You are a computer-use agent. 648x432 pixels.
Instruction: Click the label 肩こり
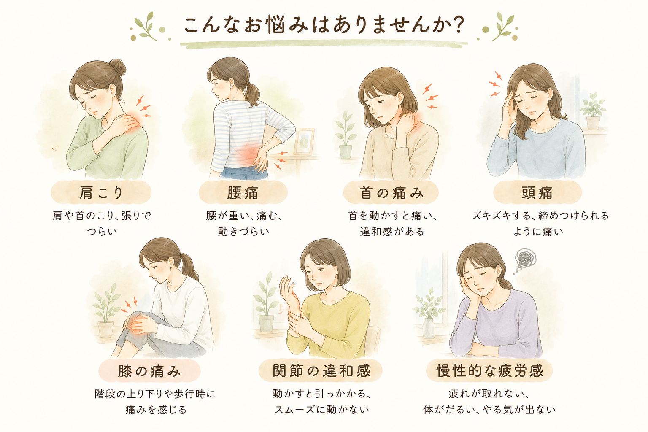pyautogui.click(x=101, y=193)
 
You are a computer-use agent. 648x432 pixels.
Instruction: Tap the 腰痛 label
pyautogui.click(x=243, y=193)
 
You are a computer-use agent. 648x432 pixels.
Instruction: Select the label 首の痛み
pyautogui.click(x=391, y=193)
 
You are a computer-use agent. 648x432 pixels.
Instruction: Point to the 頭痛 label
pyautogui.click(x=537, y=193)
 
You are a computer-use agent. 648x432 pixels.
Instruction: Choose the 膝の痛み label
pyautogui.click(x=149, y=371)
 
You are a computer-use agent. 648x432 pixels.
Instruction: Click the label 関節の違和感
pyautogui.click(x=321, y=371)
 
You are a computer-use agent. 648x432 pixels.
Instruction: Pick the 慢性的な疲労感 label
pyautogui.click(x=489, y=371)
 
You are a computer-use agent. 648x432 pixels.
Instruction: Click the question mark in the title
pyautogui.click(x=457, y=25)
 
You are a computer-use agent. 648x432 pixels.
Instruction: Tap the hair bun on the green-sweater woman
pyautogui.click(x=118, y=67)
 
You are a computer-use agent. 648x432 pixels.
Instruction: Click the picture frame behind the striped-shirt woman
pyautogui.click(x=304, y=142)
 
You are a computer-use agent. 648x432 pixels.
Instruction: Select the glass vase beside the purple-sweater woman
pyautogui.click(x=429, y=328)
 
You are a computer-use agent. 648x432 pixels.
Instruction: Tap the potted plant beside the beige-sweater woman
pyautogui.click(x=346, y=135)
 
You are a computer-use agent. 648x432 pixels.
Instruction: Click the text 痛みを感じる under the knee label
pyautogui.click(x=156, y=410)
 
